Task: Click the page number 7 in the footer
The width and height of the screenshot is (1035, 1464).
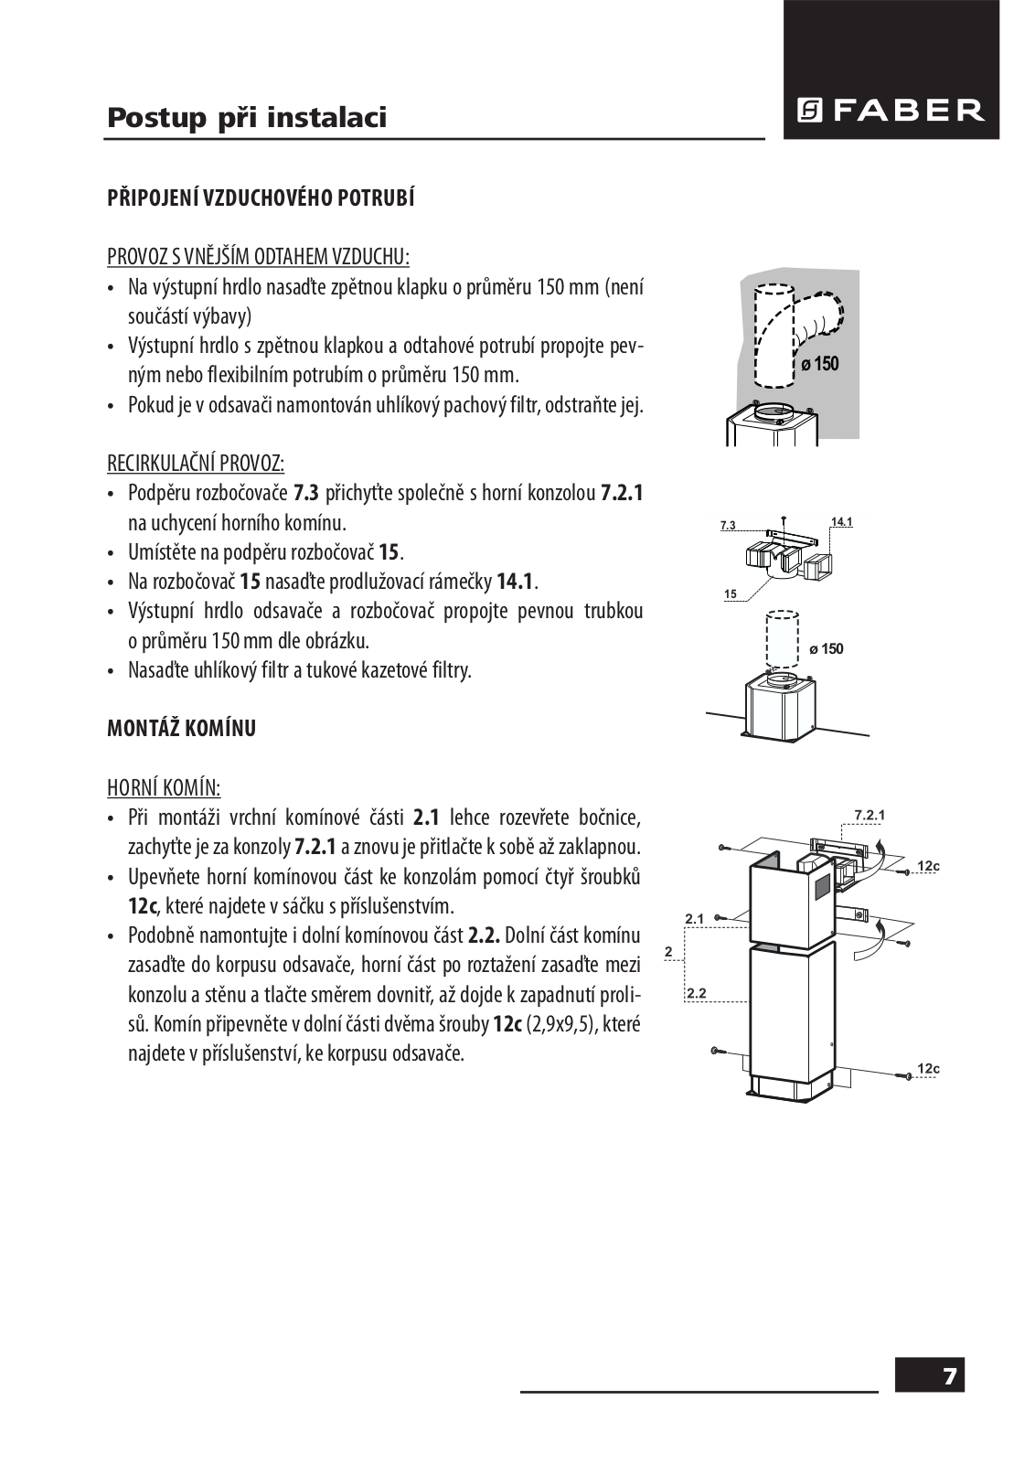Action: (x=951, y=1376)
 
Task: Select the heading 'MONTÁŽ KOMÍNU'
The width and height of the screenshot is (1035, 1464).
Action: (x=181, y=729)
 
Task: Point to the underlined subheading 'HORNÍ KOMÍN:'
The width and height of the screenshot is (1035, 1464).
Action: (x=164, y=787)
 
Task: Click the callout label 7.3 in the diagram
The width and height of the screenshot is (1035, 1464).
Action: (x=728, y=526)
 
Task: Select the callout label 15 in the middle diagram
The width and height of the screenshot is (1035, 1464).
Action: (x=730, y=595)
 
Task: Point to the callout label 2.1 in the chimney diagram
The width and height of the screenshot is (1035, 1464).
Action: (x=693, y=917)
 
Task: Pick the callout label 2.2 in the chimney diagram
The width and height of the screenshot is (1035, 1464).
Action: (x=695, y=992)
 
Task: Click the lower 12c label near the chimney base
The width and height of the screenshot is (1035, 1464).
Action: (x=929, y=1068)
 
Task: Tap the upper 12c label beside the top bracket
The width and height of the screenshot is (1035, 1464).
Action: (x=929, y=865)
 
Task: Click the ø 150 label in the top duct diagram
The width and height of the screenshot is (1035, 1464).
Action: (x=819, y=364)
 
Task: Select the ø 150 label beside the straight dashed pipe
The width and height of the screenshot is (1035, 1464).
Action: (x=826, y=649)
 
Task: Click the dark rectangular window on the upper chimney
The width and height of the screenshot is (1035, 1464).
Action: (x=819, y=884)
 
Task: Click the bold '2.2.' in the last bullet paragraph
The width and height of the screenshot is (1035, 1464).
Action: (x=484, y=936)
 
